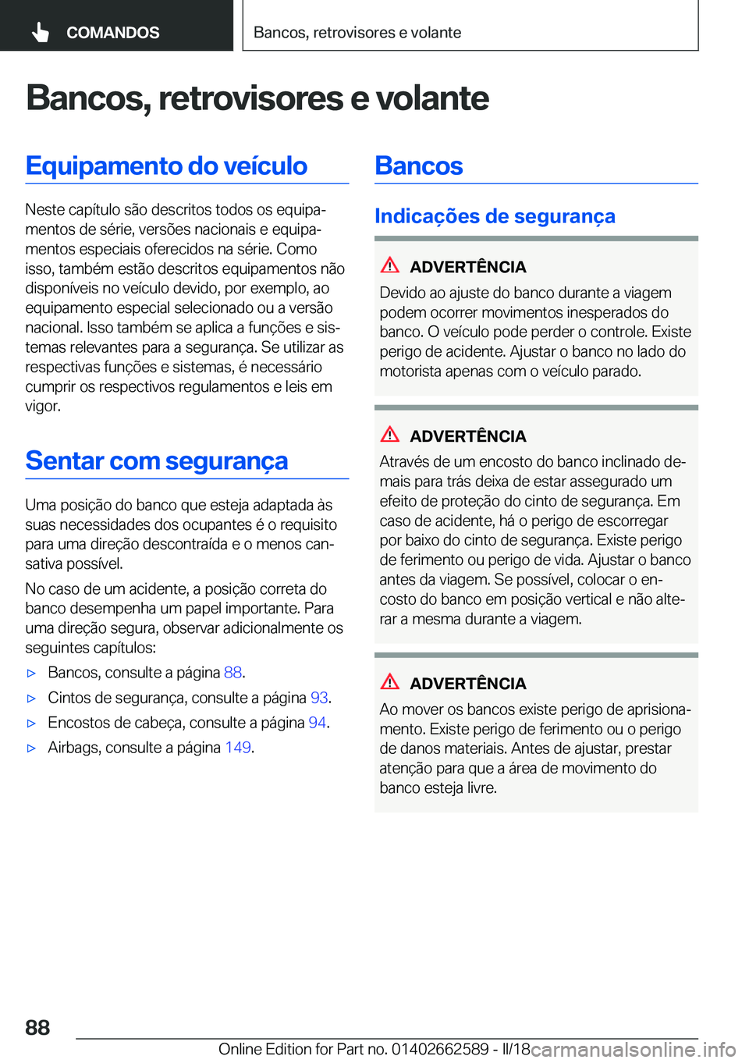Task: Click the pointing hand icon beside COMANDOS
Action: coord(41,32)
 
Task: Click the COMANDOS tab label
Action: coord(112,33)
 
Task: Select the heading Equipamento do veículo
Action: coord(166,166)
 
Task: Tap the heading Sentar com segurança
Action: coord(157,461)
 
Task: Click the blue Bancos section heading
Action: coord(419,166)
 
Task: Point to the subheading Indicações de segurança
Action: coord(495,216)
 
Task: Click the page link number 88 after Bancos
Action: coord(233,673)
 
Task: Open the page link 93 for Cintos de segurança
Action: coord(319,698)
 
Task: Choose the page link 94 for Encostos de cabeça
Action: coord(317,723)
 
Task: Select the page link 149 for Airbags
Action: coord(238,748)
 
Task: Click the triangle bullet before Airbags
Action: coord(32,748)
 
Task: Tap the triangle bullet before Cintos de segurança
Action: coord(32,699)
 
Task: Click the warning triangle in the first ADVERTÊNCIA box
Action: coord(390,265)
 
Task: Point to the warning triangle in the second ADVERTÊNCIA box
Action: coord(390,435)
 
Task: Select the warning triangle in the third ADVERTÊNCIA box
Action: coord(390,682)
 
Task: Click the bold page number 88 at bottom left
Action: coord(37,1028)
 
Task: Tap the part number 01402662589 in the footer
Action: coord(440,1049)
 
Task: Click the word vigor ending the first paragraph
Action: coord(42,407)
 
